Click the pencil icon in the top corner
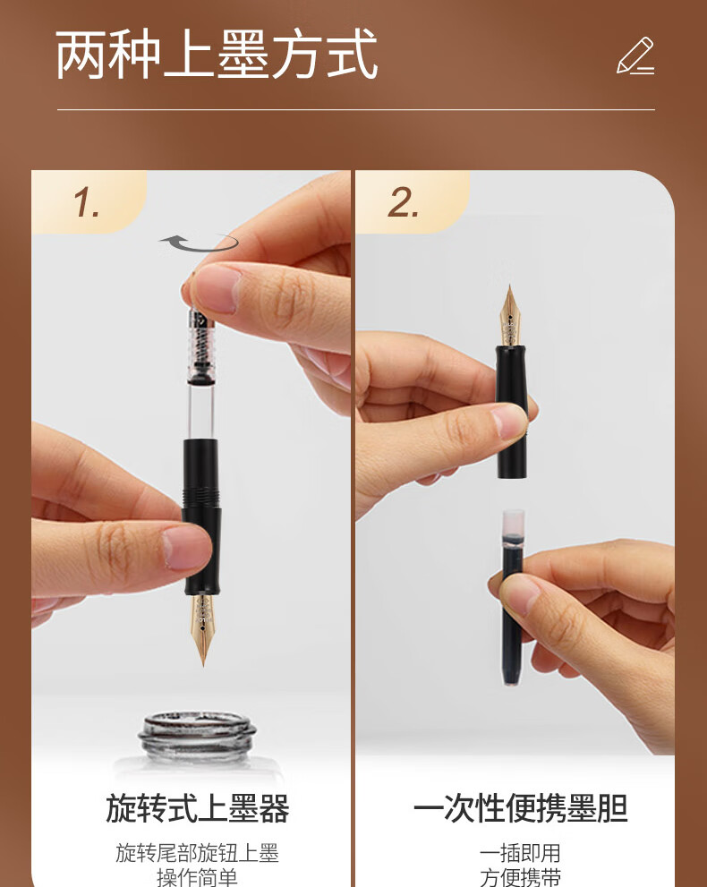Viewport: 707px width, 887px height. point(635,55)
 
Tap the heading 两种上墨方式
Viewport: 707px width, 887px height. point(217,55)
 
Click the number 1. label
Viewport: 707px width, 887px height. point(87,202)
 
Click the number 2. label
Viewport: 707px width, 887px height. point(403,202)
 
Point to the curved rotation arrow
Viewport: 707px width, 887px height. point(199,243)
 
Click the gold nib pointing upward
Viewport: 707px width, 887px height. point(510,316)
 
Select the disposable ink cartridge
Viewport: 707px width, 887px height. point(514,598)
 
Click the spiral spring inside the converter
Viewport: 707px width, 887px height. point(200,345)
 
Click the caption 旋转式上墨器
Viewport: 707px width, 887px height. point(198,808)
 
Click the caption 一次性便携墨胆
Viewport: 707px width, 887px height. point(520,808)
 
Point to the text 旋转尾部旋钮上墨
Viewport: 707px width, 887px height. point(198,853)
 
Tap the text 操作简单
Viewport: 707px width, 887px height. point(198,877)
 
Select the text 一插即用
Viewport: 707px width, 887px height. point(520,853)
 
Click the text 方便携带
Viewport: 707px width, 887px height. point(520,877)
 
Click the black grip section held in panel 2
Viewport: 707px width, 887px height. point(512,412)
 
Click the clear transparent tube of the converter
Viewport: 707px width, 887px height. point(200,410)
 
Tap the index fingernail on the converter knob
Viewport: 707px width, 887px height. point(216,288)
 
